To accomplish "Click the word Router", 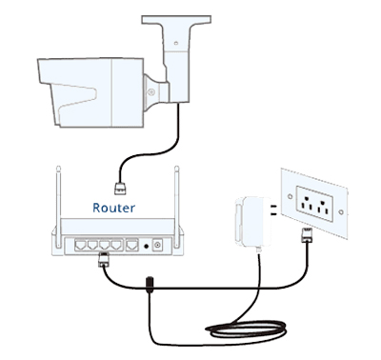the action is [x=113, y=208].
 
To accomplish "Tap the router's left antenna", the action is [x=58, y=207].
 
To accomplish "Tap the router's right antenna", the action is [x=177, y=207].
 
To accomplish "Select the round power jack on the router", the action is [x=158, y=245].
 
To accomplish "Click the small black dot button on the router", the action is [x=146, y=246].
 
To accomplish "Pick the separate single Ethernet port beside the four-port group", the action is [x=132, y=245].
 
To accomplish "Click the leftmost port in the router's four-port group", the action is [x=81, y=245].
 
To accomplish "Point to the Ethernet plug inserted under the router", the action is [x=104, y=259].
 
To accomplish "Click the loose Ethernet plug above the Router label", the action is [x=120, y=188].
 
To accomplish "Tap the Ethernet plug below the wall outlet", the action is [x=306, y=235].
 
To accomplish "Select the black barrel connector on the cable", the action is [x=150, y=285].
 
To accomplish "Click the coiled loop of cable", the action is [x=246, y=330].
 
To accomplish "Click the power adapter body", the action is [x=252, y=221].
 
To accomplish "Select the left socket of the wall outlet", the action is [x=306, y=204].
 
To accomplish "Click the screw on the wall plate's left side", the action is [x=290, y=196].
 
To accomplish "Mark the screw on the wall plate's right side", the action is [x=341, y=211].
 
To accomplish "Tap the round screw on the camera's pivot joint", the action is [x=151, y=92].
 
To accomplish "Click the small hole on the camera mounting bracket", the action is [x=175, y=43].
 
